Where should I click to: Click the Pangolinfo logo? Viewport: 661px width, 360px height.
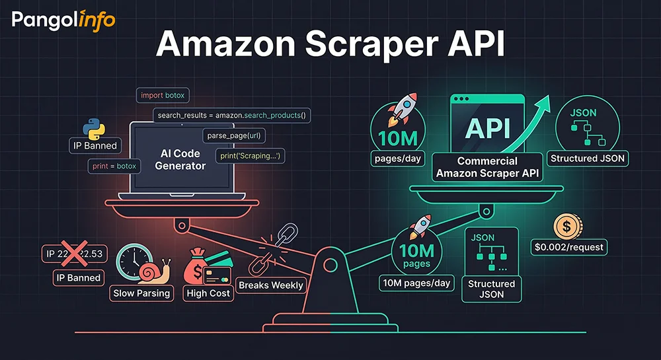tap(63, 20)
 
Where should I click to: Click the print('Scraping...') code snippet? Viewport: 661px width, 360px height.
tap(251, 156)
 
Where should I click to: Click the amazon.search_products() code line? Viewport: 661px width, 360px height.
tap(232, 116)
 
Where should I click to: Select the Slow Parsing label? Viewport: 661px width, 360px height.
tap(142, 293)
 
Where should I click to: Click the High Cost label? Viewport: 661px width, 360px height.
tap(208, 293)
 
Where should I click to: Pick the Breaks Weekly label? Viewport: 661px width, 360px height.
tap(271, 285)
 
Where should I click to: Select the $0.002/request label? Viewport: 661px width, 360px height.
tap(568, 248)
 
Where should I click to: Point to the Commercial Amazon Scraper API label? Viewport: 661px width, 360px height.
tap(486, 166)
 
